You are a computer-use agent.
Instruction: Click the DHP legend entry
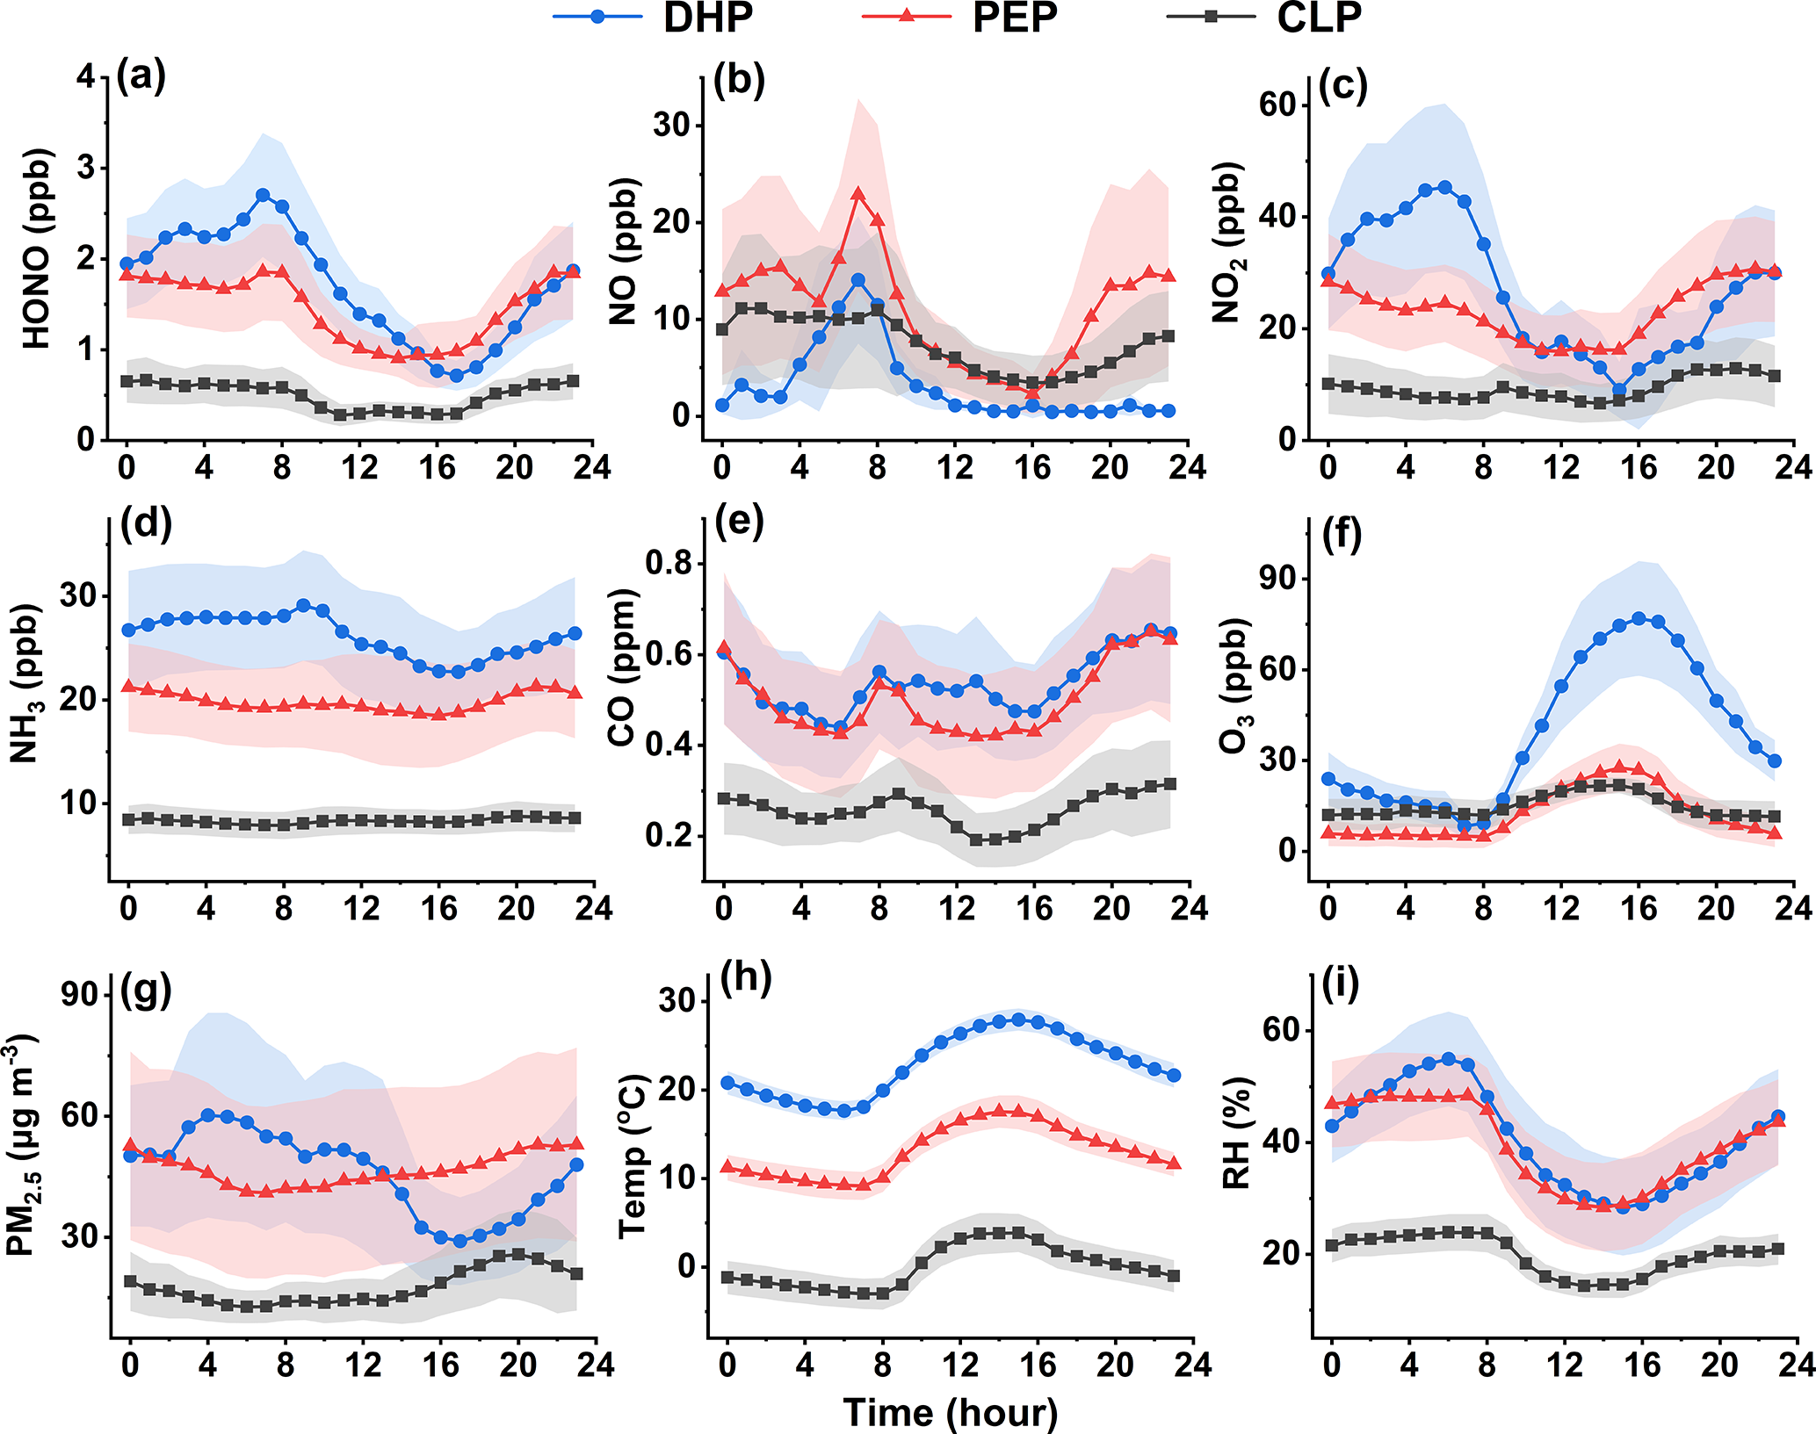coord(655,18)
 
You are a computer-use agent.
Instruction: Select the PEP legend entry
coord(961,18)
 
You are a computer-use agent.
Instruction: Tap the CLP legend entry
coord(1266,18)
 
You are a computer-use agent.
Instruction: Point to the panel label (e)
coord(739,522)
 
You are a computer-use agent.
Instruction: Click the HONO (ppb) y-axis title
coord(37,249)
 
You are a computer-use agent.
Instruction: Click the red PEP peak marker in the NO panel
coord(858,194)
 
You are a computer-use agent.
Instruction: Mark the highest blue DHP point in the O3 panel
coord(1639,618)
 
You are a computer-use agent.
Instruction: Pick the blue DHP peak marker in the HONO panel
coord(263,194)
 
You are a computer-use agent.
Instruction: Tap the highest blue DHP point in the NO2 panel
coord(1444,187)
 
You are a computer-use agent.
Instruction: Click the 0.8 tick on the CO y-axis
coord(669,563)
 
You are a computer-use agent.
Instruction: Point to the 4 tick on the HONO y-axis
coord(85,77)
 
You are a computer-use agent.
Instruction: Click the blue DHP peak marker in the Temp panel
coord(1018,1020)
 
